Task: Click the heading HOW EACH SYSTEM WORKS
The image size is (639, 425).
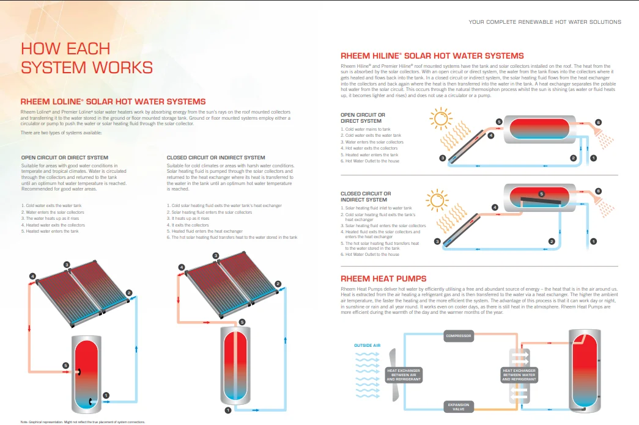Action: (86, 57)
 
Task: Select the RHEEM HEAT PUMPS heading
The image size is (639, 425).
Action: (383, 278)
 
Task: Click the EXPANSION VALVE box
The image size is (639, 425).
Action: (459, 406)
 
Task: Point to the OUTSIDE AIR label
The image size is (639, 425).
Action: (367, 346)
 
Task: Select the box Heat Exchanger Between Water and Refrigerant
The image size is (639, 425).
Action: (519, 374)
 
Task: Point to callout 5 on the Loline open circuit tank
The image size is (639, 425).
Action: (66, 365)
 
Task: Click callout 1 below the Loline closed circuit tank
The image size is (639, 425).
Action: (227, 410)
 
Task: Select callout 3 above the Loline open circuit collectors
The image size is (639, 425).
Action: (66, 264)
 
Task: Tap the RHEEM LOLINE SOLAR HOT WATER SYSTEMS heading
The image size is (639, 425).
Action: (113, 101)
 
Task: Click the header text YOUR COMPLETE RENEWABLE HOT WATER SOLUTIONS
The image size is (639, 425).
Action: (544, 22)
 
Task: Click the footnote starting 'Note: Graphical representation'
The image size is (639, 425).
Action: (83, 421)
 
